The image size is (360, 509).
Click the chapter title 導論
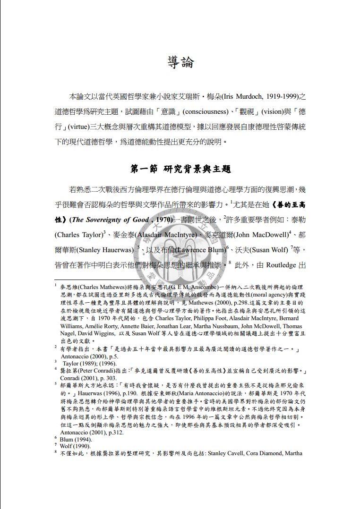click(x=180, y=62)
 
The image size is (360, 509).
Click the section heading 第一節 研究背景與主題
click(x=180, y=169)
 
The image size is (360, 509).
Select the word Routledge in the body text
click(x=282, y=265)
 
